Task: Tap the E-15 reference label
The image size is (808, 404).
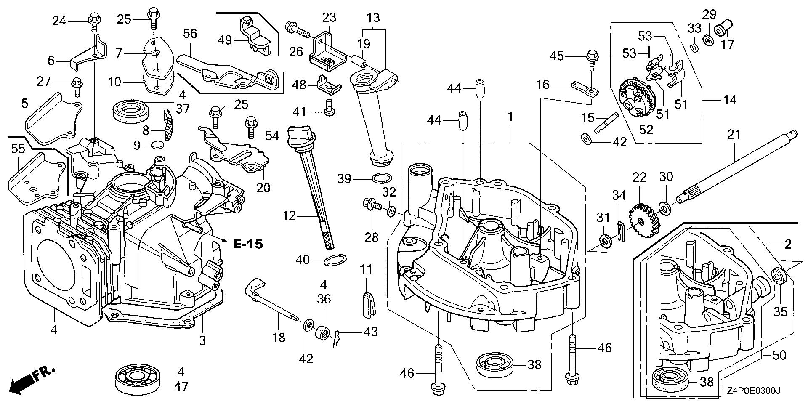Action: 248,244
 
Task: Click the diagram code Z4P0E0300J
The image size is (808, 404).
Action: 752,391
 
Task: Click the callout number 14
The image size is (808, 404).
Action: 730,100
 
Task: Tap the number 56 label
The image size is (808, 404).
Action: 190,34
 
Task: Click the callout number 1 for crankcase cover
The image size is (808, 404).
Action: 510,117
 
